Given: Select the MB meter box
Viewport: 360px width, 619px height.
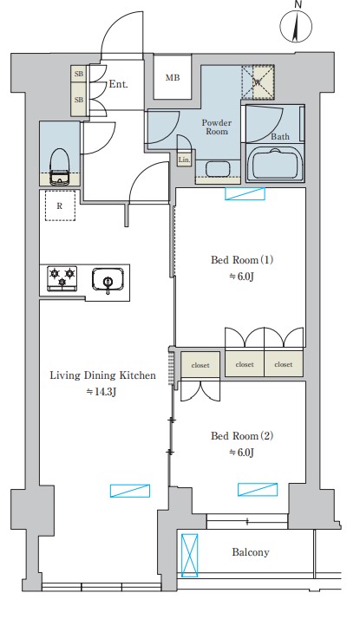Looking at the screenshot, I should (x=173, y=77).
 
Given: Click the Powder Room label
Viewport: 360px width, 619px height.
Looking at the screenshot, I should (x=216, y=128).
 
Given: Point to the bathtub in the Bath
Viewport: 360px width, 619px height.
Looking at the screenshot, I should (x=275, y=163).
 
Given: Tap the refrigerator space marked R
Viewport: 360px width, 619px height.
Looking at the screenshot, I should (x=59, y=206).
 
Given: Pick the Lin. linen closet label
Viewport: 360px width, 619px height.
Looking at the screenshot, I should (x=184, y=160).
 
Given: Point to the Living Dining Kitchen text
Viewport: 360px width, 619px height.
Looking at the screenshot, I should (x=103, y=375).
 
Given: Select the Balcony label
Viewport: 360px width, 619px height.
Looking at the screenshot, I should (x=250, y=552).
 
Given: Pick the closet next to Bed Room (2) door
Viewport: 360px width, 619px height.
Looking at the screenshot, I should (x=200, y=365).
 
